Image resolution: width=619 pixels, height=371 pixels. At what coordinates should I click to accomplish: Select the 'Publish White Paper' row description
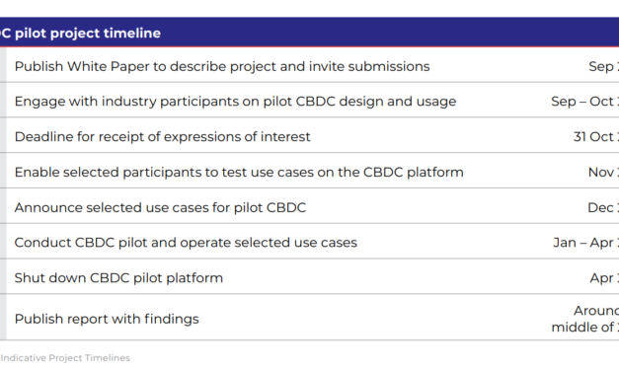click(221, 67)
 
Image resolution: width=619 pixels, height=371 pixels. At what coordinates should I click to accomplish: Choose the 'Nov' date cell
click(602, 173)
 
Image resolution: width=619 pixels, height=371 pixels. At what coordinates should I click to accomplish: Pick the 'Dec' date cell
click(602, 207)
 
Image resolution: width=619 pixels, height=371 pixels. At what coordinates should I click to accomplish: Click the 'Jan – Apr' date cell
click(585, 243)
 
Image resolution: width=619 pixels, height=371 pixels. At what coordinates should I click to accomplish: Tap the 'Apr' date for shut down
click(603, 278)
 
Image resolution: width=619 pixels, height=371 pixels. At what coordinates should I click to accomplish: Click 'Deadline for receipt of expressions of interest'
click(162, 137)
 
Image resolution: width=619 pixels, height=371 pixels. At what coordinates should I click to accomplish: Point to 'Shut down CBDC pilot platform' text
click(118, 278)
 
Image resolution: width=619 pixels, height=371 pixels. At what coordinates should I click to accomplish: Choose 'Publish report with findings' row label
click(107, 319)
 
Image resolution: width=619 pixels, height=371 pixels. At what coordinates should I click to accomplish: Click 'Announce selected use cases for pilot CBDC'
click(160, 207)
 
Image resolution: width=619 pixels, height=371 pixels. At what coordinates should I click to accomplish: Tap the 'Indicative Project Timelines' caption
click(65, 357)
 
